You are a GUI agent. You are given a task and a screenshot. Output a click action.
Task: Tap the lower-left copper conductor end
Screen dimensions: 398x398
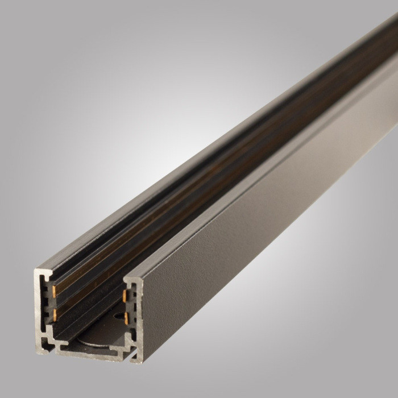(55, 312)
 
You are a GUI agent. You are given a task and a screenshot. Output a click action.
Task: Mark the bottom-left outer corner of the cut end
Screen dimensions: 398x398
(38, 352)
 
